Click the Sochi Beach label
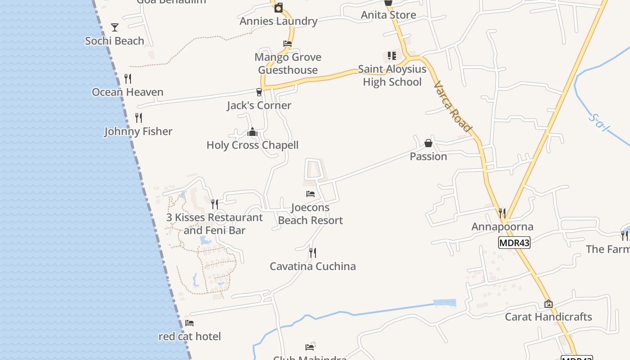pos(114,41)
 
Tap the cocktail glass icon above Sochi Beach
pos(115,27)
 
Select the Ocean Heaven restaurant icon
pos(128,79)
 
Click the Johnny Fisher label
pos(138,131)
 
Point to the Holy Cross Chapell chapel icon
pos(252,132)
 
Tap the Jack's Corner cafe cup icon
pos(259,92)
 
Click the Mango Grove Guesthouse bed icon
pos(288,44)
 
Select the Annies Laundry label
pos(279,21)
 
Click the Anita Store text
pos(388,15)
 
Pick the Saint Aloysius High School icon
pos(392,56)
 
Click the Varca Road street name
pos(453,107)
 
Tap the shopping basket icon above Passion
pos(428,143)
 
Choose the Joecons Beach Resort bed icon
pos(310,194)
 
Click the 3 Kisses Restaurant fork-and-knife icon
pos(215,204)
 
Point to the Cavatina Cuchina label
pos(313,266)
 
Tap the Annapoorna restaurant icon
pos(502,213)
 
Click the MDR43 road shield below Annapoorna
pos(514,243)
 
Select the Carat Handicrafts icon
pos(548,304)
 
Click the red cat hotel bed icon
pos(189,323)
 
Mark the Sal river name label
pos(599,122)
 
